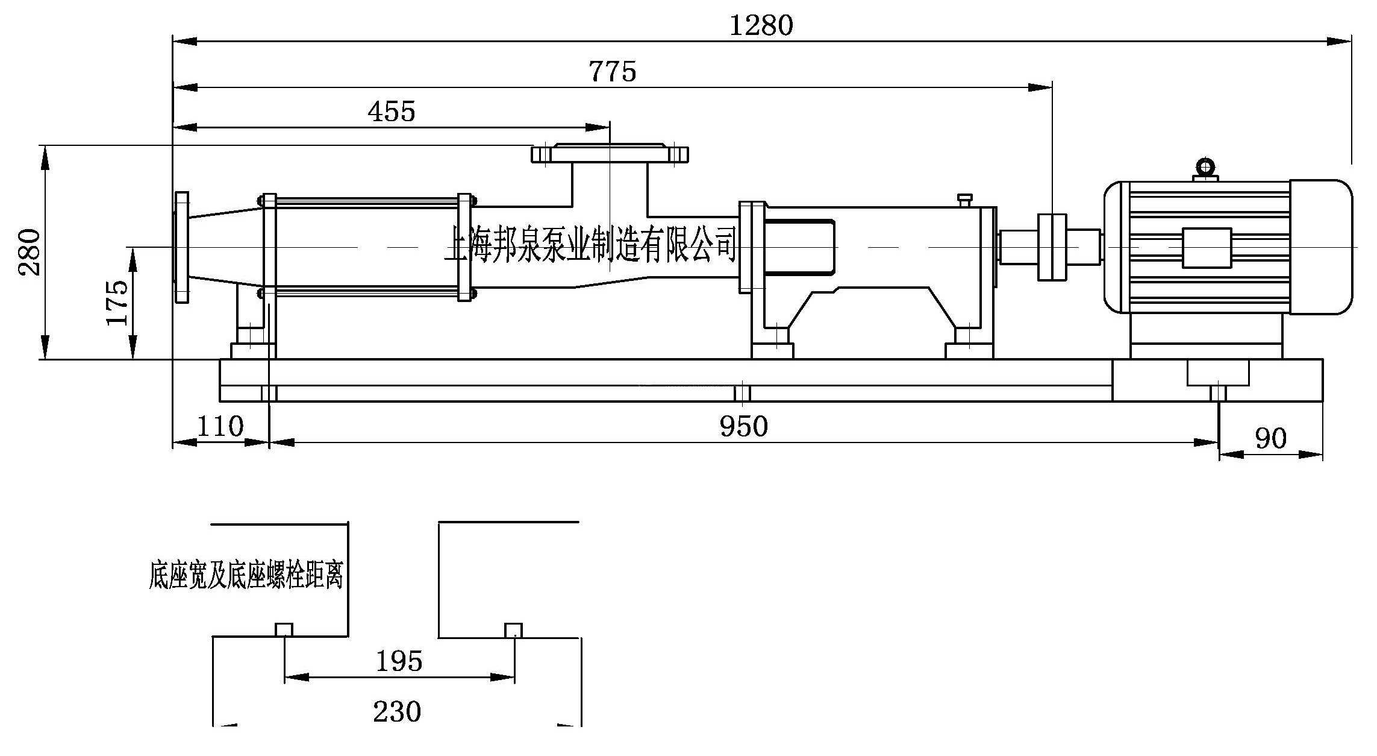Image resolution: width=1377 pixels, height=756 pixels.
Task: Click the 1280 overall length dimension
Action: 761,26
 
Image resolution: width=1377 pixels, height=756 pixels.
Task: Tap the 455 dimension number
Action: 392,112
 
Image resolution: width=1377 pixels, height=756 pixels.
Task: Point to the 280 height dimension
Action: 30,252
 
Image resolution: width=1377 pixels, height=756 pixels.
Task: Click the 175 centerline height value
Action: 117,303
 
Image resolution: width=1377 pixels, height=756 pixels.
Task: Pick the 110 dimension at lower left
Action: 220,427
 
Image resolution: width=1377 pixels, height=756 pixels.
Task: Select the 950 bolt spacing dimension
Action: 744,427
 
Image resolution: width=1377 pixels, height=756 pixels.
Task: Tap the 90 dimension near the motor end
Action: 1270,438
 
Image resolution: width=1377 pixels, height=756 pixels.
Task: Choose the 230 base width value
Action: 397,712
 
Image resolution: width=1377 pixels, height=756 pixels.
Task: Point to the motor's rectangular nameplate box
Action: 1206,248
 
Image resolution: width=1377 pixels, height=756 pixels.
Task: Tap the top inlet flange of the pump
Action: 610,154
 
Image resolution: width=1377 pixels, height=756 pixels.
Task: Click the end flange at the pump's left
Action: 181,247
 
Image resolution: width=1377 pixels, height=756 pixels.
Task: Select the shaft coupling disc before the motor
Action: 1052,247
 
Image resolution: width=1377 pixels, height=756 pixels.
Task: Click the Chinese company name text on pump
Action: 590,244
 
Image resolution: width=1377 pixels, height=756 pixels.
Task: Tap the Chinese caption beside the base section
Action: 246,575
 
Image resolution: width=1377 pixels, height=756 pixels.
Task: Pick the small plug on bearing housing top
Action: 964,200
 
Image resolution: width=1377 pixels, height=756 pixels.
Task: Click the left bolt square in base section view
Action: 284,630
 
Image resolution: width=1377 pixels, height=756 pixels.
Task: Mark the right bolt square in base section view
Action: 513,630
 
